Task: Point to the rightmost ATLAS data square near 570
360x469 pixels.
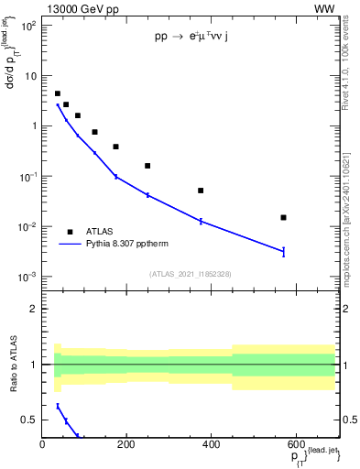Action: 283,217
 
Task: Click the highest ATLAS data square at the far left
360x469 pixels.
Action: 58,93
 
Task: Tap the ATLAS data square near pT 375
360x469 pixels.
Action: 201,191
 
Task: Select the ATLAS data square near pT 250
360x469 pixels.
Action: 147,166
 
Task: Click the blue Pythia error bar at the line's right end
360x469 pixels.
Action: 283,251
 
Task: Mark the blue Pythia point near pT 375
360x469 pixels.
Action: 201,221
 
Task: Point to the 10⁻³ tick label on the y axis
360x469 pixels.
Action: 27,277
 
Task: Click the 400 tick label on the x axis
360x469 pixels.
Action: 211,445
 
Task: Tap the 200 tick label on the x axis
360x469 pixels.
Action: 126,445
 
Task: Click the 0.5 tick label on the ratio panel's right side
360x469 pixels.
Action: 348,420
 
